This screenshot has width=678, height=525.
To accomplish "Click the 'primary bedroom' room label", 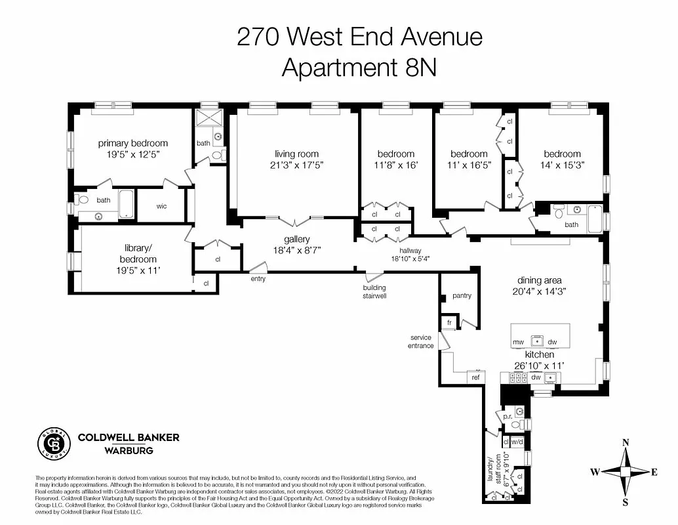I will tap(133, 143).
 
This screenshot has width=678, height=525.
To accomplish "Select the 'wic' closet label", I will tap(161, 206).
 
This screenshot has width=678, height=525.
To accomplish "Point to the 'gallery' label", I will tap(296, 240).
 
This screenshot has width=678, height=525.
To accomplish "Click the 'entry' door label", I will tap(258, 279).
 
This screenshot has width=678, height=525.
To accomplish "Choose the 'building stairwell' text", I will tap(375, 291).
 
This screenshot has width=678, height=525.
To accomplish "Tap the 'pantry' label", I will tap(462, 296).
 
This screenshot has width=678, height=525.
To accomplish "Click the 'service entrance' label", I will tap(420, 341).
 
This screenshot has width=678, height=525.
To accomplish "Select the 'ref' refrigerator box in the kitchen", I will tap(476, 377).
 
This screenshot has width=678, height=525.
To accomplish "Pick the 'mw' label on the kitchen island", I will tap(518, 342).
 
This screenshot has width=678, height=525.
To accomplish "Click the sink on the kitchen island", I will tap(536, 341).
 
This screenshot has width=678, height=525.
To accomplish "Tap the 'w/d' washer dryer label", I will tap(517, 442).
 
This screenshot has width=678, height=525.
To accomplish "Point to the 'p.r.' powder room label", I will tap(507, 416).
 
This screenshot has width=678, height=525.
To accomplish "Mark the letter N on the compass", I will tap(626, 442).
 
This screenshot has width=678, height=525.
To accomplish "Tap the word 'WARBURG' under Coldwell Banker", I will tap(129, 450).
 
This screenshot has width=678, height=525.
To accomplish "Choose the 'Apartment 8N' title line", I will tap(359, 67).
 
